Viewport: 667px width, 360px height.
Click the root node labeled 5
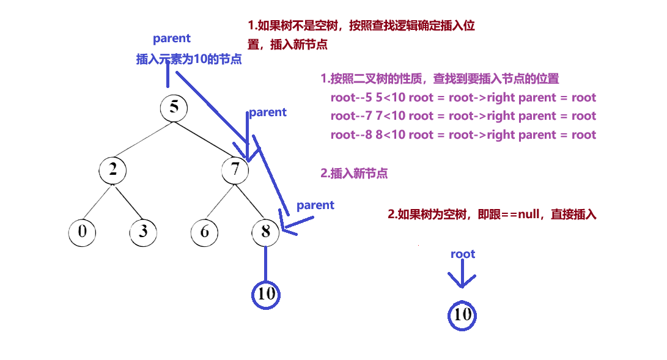[x=174, y=108]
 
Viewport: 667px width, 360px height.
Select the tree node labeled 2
[x=113, y=169]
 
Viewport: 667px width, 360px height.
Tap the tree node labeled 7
[x=235, y=169]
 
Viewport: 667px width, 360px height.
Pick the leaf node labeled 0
[x=83, y=232]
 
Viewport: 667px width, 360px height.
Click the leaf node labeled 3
[x=144, y=232]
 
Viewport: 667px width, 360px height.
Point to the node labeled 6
[x=205, y=232]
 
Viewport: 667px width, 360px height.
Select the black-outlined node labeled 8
[x=265, y=232]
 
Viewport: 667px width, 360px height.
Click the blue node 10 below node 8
[x=266, y=294]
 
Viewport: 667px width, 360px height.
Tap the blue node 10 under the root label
[x=462, y=315]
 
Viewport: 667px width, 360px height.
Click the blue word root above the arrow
[x=463, y=254]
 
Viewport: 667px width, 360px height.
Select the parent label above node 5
[x=172, y=39]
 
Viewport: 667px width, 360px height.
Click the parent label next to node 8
[x=315, y=205]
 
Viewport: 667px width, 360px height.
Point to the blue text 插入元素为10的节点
[x=188, y=60]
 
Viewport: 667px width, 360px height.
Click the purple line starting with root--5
[x=463, y=98]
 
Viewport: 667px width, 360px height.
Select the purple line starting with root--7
[x=463, y=116]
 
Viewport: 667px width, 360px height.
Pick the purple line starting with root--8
[x=463, y=135]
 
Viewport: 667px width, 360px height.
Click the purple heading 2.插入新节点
[x=354, y=174]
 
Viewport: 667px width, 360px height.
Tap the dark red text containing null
[x=492, y=215]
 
